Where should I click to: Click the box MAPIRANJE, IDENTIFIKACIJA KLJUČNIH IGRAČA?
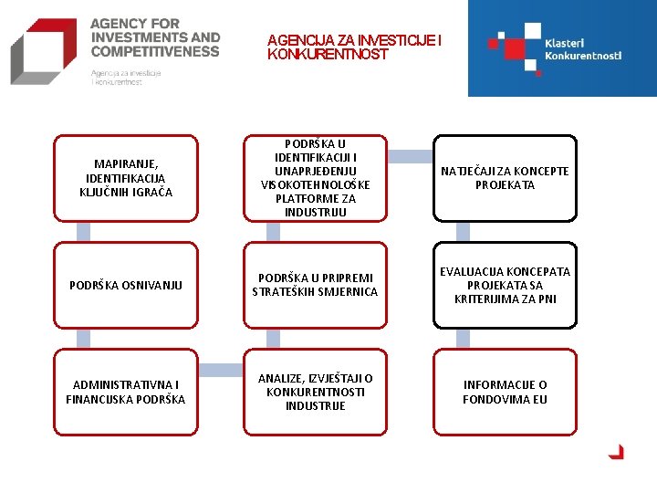[126, 178]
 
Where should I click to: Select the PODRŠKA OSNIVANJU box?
[126, 285]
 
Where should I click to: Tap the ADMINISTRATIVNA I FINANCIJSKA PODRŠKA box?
[126, 392]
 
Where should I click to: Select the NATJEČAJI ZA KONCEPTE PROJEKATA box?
[505, 178]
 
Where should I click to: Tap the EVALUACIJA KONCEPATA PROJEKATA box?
[505, 285]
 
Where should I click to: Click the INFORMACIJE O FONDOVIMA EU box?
[505, 392]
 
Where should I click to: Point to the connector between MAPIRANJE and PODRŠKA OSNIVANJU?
[84, 232]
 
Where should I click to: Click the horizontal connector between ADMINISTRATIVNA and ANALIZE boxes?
[220, 371]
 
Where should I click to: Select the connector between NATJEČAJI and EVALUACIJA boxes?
[463, 232]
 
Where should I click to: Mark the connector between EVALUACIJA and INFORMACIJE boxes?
[463, 339]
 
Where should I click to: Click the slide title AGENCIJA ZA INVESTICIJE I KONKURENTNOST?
[354, 47]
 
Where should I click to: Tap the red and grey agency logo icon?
[44, 51]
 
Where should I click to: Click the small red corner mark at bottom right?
[617, 451]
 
